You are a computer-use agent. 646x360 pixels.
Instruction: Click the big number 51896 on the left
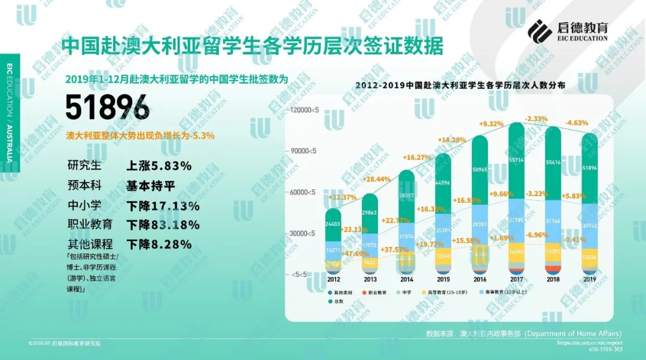(x=107, y=108)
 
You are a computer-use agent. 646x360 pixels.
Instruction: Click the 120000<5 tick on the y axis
(x=303, y=110)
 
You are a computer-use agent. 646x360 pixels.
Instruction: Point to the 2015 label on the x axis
(x=443, y=279)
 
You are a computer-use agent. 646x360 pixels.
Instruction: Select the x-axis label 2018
(x=553, y=279)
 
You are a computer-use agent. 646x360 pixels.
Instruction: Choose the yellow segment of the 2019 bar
(x=590, y=256)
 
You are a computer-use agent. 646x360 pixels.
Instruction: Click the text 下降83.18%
(x=163, y=225)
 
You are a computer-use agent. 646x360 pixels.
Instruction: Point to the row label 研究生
(x=85, y=166)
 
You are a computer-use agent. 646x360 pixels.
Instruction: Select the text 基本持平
(x=150, y=185)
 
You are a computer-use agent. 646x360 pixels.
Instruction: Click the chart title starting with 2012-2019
(x=460, y=86)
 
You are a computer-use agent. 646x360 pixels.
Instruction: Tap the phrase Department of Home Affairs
(x=574, y=333)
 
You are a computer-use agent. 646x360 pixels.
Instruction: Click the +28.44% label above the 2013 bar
(x=377, y=179)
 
